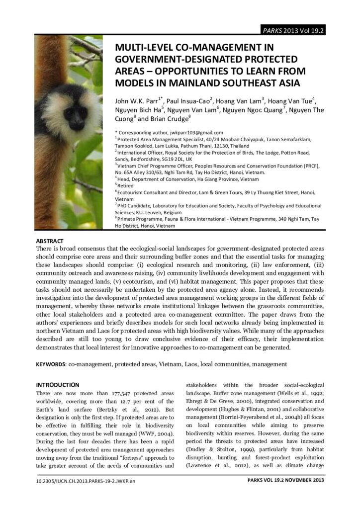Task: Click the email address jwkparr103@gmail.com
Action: click(199, 133)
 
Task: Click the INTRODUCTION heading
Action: click(58, 385)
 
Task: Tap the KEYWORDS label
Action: click(51, 364)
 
